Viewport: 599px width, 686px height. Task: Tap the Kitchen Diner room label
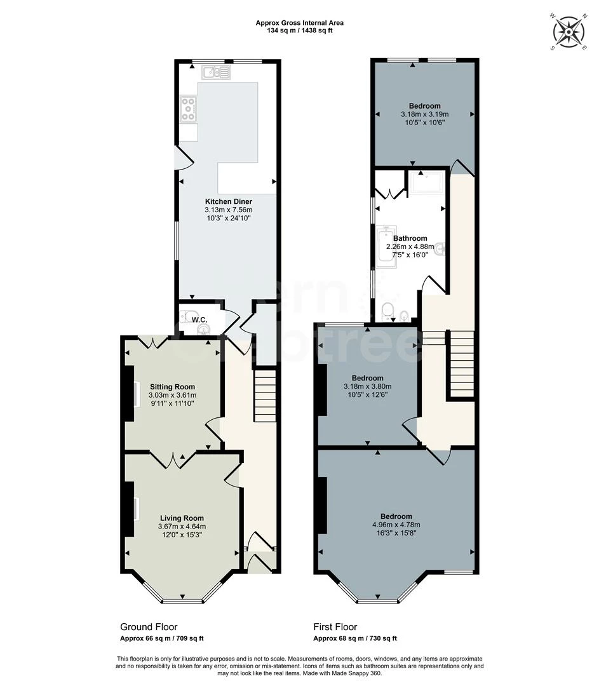point(228,201)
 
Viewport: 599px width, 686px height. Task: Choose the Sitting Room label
point(172,387)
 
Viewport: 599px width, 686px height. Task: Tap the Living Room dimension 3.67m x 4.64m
point(182,526)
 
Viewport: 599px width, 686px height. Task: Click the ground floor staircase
point(266,398)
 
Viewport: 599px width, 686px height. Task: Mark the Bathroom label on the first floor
point(410,238)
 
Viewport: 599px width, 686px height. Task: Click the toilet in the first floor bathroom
point(387,311)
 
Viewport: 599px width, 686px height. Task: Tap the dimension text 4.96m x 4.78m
point(396,525)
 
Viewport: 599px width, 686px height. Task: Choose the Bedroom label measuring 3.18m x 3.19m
point(424,106)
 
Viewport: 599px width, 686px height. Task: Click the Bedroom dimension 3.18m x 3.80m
point(367,386)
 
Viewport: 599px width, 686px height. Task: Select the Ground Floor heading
point(149,627)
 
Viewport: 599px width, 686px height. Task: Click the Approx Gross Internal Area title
point(299,23)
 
